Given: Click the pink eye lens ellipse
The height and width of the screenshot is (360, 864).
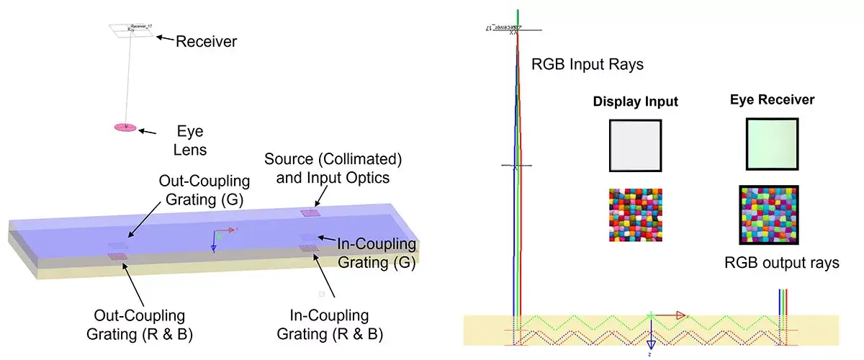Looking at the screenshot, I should pos(125,128).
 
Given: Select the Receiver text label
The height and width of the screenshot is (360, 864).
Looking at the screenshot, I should pos(207,42).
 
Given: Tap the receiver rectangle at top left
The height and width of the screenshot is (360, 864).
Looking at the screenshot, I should pos(131,29).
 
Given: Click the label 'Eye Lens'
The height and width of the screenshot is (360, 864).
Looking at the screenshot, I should pos(191,141).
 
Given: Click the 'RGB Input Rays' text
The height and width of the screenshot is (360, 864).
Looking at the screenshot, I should pos(587,64).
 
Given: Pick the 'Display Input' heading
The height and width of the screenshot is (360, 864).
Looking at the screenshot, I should pos(635,102).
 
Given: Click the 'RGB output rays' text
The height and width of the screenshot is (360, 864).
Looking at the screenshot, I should pos(782,263).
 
